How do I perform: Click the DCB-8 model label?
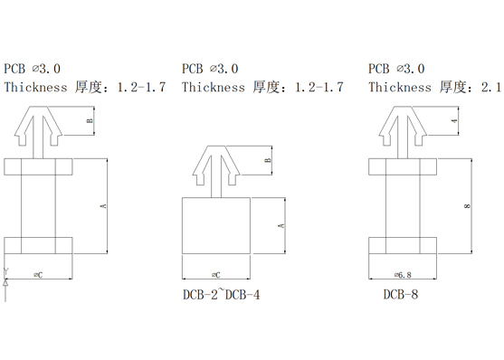pyautogui.click(x=401, y=294)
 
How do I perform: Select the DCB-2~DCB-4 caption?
pyautogui.click(x=221, y=294)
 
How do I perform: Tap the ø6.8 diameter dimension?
pyautogui.click(x=403, y=275)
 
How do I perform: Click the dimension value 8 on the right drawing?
pyautogui.click(x=468, y=205)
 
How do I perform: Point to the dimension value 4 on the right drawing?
pyautogui.click(x=454, y=121)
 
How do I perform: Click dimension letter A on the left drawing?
pyautogui.click(x=103, y=205)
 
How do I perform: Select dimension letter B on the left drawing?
pyautogui.click(x=90, y=121)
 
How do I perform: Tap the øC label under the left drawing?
pyautogui.click(x=38, y=275)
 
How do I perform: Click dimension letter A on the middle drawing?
pyautogui.click(x=281, y=225)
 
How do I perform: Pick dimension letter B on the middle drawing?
pyautogui.click(x=268, y=160)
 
